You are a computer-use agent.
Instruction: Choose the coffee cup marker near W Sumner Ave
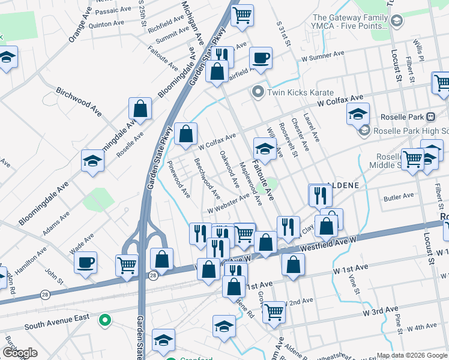click(261, 58)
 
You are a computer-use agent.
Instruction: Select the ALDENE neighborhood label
click(343, 186)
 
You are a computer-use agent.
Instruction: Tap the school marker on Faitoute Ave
click(265, 147)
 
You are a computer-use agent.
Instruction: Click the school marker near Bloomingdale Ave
click(92, 160)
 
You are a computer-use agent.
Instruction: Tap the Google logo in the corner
click(20, 353)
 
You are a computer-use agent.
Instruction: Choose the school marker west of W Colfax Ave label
click(357, 114)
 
